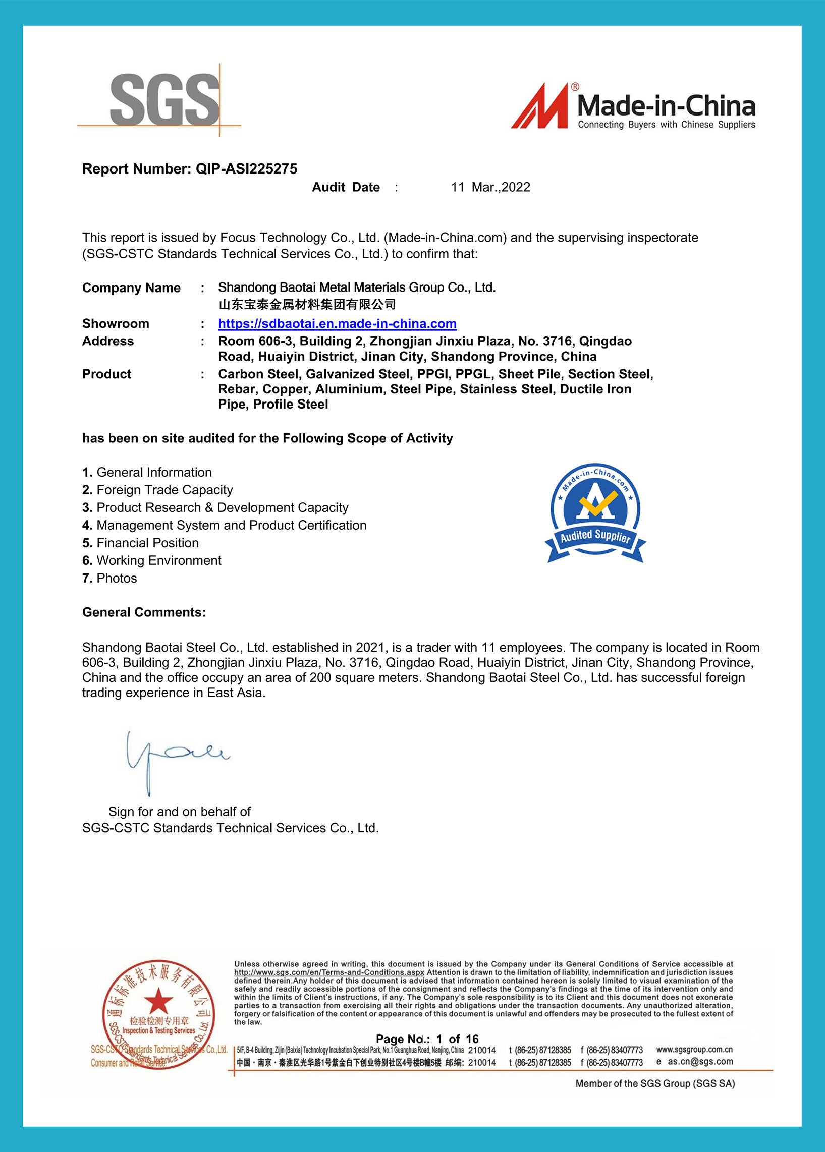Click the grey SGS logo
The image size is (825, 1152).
coord(164,99)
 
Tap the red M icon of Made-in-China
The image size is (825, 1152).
coord(540,106)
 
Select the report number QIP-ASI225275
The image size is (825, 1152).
coord(246,169)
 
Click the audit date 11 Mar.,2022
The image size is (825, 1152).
coord(490,187)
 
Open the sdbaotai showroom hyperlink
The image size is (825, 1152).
coord(337,324)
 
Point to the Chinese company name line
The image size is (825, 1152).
coord(307,305)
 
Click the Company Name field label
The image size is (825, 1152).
coord(131,288)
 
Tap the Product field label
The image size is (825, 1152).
coord(106,374)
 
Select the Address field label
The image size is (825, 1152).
coord(107,341)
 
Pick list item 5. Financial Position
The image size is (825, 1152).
coord(141,543)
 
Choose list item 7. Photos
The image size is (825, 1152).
coord(109,579)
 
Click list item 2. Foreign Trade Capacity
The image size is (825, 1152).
coord(157,490)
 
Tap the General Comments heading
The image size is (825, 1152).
coord(144,612)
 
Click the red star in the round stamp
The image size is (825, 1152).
coord(158,1002)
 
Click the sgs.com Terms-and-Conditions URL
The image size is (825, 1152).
coord(328,972)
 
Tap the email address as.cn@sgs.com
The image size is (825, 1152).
coord(699,1062)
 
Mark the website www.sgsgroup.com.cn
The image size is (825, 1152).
coord(694,1050)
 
